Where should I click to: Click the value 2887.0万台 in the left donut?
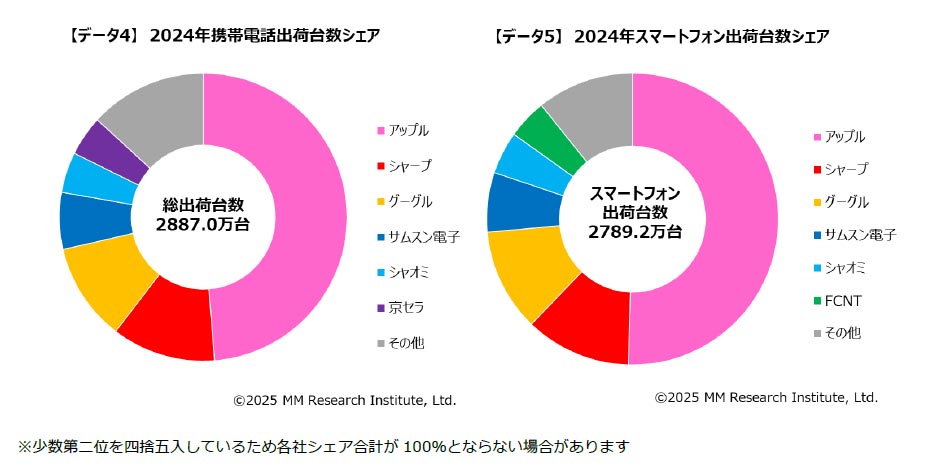[202, 225]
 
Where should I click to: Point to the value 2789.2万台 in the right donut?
[634, 231]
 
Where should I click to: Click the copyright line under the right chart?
[766, 397]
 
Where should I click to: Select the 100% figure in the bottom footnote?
[423, 445]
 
